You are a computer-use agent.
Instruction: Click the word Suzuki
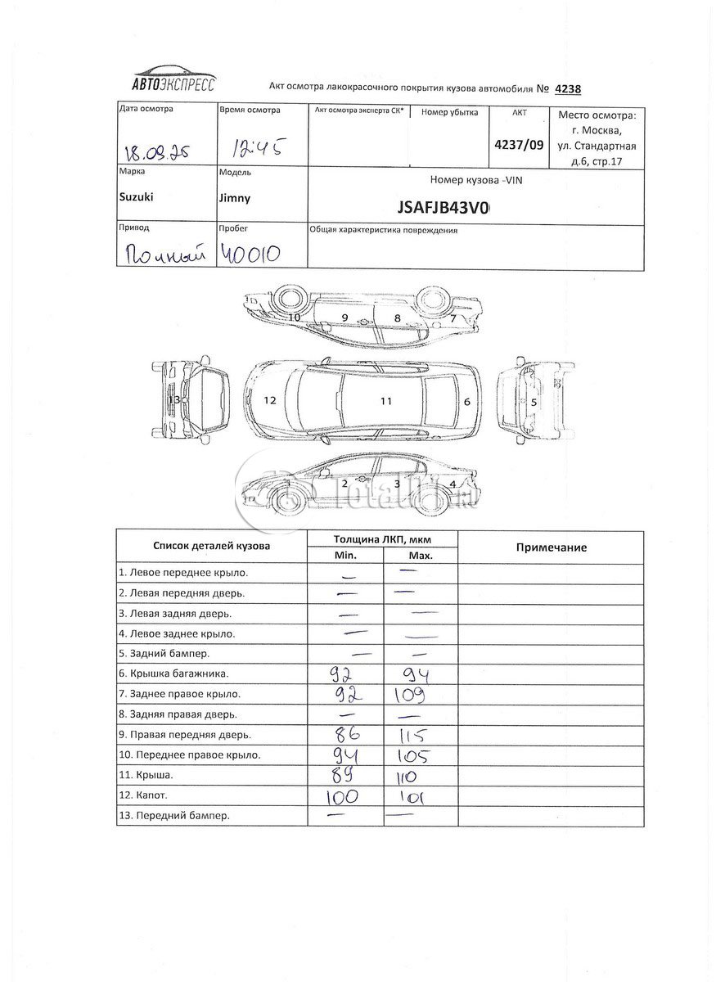pos(137,197)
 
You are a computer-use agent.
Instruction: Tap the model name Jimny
pos(236,197)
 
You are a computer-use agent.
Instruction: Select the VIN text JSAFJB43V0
pos(443,208)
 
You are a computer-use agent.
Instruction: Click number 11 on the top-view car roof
pos(385,401)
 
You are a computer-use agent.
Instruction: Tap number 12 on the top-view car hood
pos(270,401)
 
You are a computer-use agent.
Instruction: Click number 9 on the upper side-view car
pos(345,317)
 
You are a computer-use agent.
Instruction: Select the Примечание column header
pos(551,547)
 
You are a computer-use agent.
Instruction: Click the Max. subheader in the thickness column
pos(420,556)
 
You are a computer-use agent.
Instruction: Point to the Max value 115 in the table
pos(413,733)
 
